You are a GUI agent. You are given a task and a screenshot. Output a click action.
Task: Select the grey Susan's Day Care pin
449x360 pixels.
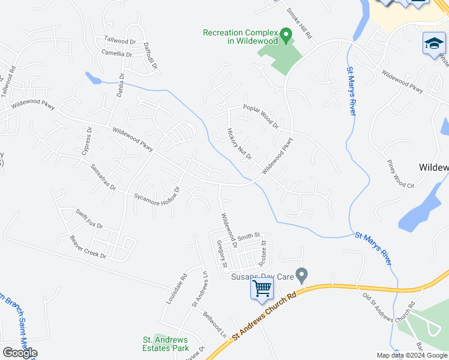[x=302, y=275]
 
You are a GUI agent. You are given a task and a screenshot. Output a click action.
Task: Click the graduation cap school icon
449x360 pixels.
[x=433, y=44]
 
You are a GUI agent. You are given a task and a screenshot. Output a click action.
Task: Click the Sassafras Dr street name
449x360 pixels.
[x=103, y=177]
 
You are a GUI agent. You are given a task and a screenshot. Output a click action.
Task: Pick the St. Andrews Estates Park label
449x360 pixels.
[x=166, y=344]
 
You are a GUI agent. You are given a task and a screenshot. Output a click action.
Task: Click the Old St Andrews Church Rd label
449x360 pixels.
[x=390, y=307]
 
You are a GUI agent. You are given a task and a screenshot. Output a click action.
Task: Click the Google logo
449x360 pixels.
[x=20, y=353]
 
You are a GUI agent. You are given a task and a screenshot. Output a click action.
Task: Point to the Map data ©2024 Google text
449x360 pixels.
[x=412, y=355]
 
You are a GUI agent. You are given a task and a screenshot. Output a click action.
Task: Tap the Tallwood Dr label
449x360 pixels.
[x=121, y=40]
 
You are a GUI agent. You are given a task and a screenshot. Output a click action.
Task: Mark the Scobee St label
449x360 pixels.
[x=262, y=254]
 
